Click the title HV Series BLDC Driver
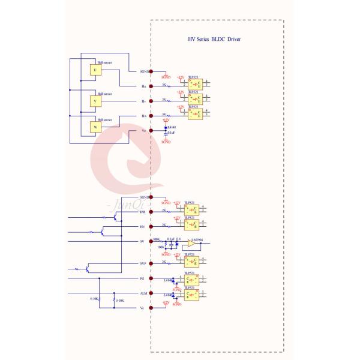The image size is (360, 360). (x=215, y=38)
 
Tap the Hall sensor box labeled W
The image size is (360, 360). (x=94, y=127)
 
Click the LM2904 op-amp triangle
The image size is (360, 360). (x=190, y=244)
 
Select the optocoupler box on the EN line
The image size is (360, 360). (x=194, y=226)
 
